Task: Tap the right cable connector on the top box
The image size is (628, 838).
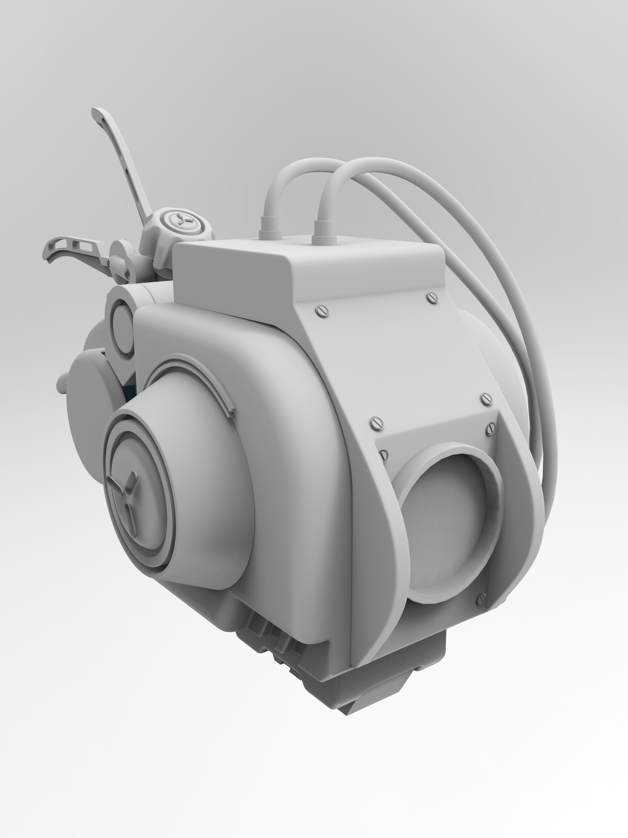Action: click(x=324, y=229)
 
